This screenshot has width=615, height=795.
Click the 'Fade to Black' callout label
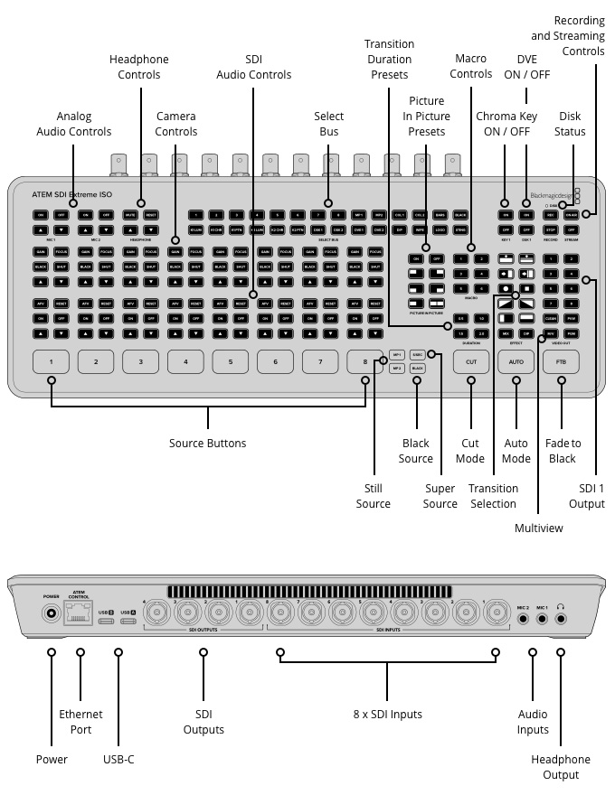click(563, 451)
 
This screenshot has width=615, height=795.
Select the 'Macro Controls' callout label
click(471, 66)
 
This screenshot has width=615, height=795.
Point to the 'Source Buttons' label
click(207, 444)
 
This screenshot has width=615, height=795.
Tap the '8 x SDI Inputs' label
click(388, 715)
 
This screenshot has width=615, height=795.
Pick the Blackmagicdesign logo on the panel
click(553, 193)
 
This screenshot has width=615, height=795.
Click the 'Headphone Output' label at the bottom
click(561, 767)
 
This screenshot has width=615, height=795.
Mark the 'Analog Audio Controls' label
click(73, 124)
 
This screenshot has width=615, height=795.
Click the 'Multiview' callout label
click(539, 527)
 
